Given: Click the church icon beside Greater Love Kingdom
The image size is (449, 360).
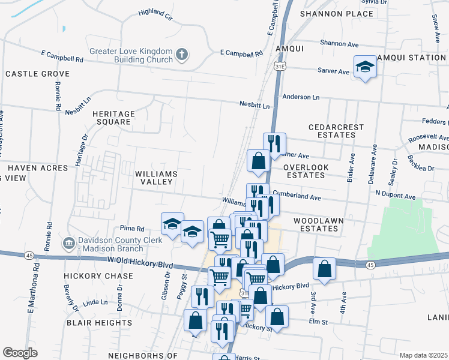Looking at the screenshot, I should click(x=182, y=56).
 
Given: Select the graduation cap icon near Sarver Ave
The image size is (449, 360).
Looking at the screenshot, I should click(x=364, y=67).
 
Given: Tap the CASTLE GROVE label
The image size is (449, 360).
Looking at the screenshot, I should click(x=37, y=74).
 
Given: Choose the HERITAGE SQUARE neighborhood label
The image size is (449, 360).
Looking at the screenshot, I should click(x=111, y=117).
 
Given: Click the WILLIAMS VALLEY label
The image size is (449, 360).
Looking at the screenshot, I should click(x=156, y=178).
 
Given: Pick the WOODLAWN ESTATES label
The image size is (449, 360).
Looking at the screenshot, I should click(x=319, y=224).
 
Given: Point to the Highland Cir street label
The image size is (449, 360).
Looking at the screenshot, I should click(x=155, y=12).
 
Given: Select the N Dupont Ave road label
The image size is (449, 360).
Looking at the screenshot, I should click(x=396, y=196).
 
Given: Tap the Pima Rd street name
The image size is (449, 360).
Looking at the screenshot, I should click(x=132, y=229).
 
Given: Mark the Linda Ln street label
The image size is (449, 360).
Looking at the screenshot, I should click(x=94, y=303).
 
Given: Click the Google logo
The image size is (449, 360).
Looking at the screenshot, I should click(x=20, y=352).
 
